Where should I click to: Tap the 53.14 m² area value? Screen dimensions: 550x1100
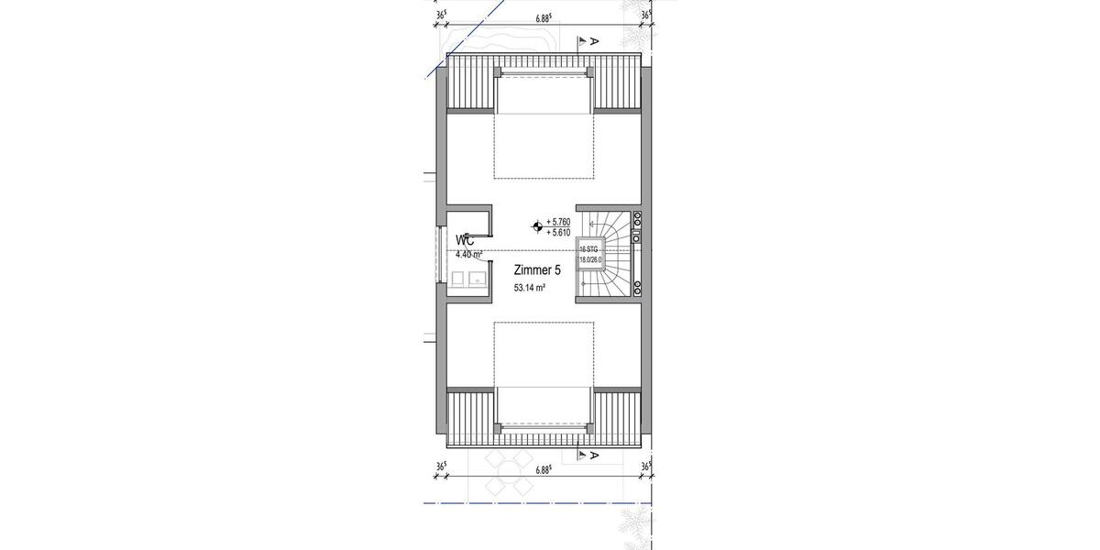pos(530,288)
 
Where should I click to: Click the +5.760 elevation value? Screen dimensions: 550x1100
pos(558,222)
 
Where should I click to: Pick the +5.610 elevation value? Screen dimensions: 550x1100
pos(558,233)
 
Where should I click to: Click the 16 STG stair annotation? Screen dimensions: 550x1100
pos(588,249)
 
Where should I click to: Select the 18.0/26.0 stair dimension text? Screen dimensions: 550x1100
pos(588,259)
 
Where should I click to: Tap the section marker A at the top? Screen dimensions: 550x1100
pos(594,41)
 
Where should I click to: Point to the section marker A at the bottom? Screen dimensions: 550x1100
pos(594,456)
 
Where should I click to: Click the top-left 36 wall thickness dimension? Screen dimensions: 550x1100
pos(442,15)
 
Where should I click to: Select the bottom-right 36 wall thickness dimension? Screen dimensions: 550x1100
pos(646,467)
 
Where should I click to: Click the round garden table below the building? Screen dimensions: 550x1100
pos(501,475)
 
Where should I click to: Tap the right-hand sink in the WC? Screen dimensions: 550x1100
pos(476,279)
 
